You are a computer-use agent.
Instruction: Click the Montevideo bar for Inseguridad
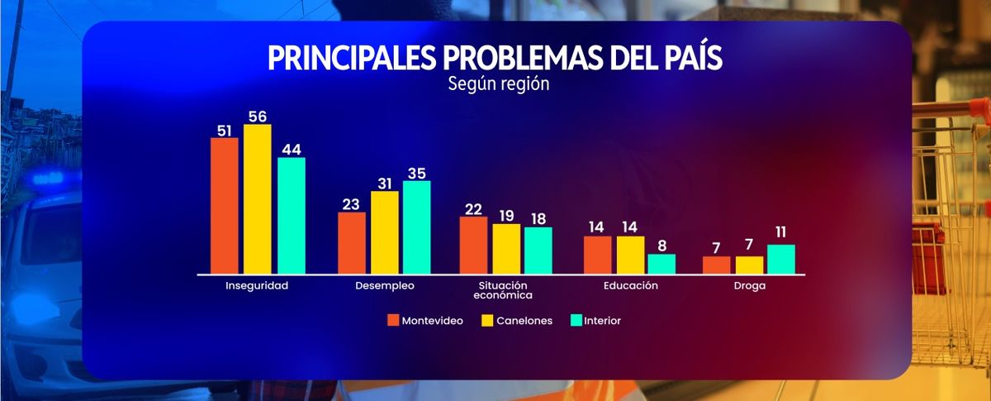click(225, 205)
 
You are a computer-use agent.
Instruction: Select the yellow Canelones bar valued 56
click(258, 198)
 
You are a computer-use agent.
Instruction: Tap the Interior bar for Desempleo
click(416, 227)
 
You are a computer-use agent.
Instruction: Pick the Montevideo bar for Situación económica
click(473, 245)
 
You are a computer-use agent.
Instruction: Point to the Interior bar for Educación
click(661, 263)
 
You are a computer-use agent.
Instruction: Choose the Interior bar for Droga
click(780, 259)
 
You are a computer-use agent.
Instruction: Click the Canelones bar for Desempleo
click(384, 232)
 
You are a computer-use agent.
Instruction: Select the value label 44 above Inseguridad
click(292, 150)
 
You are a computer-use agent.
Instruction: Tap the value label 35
click(416, 173)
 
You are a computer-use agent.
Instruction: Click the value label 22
click(473, 209)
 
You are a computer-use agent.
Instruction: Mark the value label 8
click(661, 246)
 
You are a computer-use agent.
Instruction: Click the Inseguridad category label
click(257, 286)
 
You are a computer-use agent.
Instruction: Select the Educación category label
click(630, 286)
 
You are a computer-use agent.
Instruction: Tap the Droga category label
click(749, 286)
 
